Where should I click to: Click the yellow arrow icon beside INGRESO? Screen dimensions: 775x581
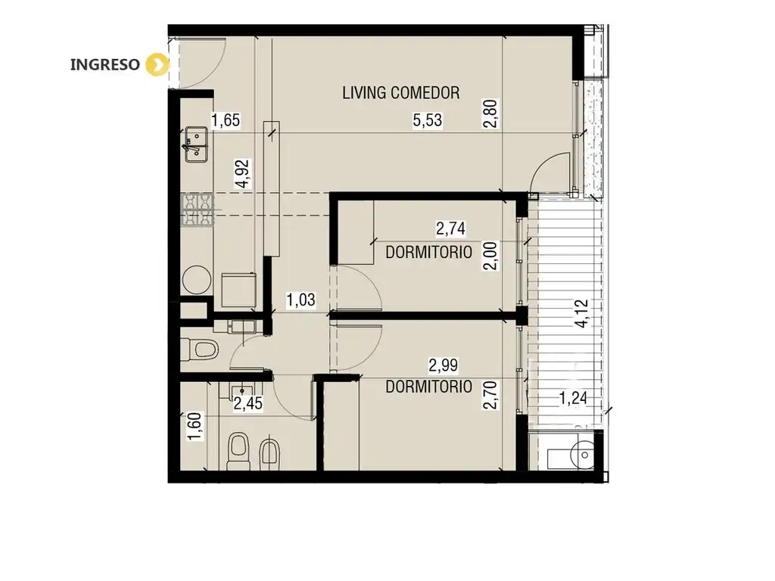point(157,65)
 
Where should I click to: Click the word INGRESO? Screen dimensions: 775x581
point(104,65)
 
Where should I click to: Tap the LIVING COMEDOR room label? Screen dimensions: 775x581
point(401,93)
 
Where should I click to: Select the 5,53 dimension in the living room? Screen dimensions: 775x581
point(428,120)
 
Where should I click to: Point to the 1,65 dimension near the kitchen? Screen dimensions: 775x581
point(226,120)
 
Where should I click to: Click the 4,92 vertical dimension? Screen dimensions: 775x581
point(243,173)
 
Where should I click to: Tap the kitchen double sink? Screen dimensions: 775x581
point(196,144)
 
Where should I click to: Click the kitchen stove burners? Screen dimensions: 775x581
point(198,210)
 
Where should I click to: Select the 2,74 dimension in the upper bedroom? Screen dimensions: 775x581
point(450,228)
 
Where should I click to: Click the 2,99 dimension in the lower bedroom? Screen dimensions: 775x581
point(444,365)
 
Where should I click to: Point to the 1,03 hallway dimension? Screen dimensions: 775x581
point(300,300)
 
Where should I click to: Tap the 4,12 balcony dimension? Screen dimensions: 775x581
point(582,313)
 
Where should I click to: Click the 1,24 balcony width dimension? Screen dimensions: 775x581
point(573,398)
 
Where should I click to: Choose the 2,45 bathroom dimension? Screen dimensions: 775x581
point(247,404)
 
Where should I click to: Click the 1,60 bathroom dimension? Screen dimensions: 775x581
point(195,427)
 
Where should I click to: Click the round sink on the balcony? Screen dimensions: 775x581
point(584,454)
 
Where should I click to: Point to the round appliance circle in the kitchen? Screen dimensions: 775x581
point(197,280)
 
